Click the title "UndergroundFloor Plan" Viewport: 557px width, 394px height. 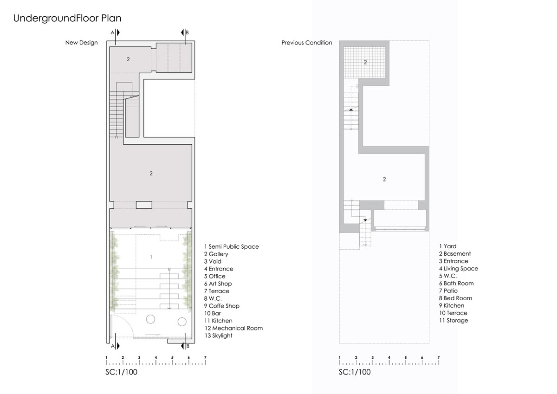point(67,19)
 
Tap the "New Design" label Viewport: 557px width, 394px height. point(82,43)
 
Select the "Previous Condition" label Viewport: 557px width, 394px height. point(307,43)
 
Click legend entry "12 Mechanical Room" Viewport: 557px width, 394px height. point(233,328)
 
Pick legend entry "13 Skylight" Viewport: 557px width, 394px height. point(218,336)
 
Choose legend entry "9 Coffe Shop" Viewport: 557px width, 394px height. point(222,306)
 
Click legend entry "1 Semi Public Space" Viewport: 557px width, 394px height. point(232,246)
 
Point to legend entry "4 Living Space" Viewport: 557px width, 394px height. point(459,269)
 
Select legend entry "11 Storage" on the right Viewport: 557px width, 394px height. point(453,320)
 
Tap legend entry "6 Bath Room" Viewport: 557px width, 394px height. point(456,284)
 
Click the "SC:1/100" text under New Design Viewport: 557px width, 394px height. point(121,372)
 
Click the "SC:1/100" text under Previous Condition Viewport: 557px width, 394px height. point(355,372)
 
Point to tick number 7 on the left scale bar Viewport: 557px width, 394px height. point(205,357)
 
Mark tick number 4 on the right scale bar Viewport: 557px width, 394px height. point(389,357)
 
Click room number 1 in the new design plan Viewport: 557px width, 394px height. point(151,257)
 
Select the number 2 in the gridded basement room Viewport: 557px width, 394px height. point(365,62)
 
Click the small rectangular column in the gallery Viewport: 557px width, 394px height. point(144,205)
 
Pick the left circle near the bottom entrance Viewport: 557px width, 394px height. point(150,319)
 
